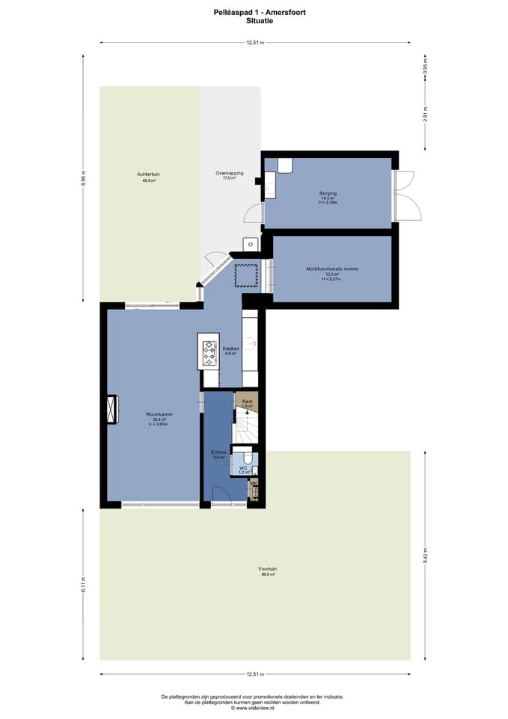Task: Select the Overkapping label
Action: click(x=225, y=174)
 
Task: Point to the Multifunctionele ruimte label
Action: click(x=327, y=269)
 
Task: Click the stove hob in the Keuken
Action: click(x=208, y=351)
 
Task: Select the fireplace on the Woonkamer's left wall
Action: click(x=112, y=409)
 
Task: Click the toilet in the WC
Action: click(x=246, y=457)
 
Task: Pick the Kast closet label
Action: click(x=247, y=402)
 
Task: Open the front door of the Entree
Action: click(x=219, y=494)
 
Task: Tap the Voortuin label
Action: click(x=268, y=569)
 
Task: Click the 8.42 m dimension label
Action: click(x=425, y=556)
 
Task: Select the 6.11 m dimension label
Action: click(x=84, y=583)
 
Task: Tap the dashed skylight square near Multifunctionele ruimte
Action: click(x=245, y=275)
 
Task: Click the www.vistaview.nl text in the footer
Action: click(x=254, y=707)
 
